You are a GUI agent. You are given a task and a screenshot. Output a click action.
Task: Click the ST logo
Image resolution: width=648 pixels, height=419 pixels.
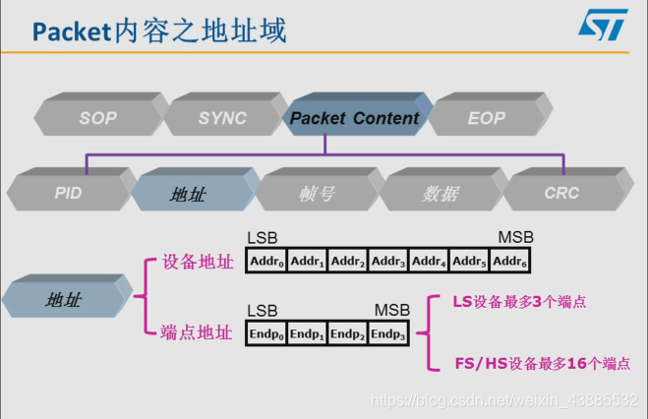click(x=602, y=26)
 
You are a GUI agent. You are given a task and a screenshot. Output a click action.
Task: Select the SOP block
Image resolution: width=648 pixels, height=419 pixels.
click(x=98, y=117)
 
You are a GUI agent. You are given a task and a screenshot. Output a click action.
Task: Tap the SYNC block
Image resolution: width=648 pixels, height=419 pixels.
click(x=222, y=117)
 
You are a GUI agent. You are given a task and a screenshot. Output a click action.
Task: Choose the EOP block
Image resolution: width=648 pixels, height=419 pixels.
click(x=486, y=117)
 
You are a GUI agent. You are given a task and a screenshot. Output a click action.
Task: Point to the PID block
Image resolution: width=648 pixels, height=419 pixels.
click(x=68, y=193)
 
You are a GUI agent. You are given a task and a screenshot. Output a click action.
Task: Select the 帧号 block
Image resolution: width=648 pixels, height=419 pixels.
click(x=316, y=194)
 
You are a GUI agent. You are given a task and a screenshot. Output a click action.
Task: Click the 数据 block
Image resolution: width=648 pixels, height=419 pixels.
click(x=440, y=194)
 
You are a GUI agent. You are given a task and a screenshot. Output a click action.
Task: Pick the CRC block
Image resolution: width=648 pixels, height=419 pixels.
click(x=561, y=193)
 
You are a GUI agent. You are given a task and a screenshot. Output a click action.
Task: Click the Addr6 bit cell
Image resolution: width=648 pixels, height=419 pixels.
click(x=510, y=262)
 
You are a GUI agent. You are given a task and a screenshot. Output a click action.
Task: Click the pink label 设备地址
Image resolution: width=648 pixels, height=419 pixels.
click(x=197, y=263)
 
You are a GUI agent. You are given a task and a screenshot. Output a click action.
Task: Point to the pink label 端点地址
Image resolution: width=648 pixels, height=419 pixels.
click(x=197, y=332)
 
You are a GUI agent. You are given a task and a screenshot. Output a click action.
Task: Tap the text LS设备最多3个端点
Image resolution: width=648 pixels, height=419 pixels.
click(x=519, y=302)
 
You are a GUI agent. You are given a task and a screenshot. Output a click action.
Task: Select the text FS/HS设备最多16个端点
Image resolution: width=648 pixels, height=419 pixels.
click(x=542, y=363)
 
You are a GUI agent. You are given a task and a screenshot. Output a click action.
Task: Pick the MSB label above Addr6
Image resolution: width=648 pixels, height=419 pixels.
click(x=516, y=238)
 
